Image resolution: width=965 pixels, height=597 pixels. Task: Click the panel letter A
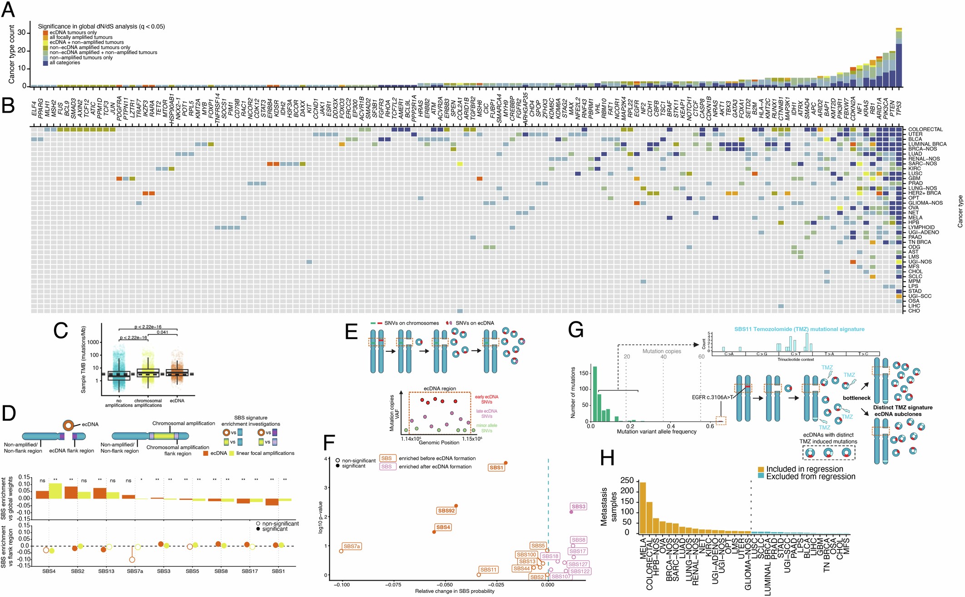[8, 10]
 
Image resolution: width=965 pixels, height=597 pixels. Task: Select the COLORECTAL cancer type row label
[925, 129]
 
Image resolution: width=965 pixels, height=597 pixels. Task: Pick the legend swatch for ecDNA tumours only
[45, 33]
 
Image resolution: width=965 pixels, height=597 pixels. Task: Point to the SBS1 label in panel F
[496, 468]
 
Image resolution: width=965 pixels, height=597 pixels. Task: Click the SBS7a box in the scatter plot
[352, 547]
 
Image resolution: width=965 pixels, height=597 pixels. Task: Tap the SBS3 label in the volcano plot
[579, 507]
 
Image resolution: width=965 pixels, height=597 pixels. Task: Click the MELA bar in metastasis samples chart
[643, 508]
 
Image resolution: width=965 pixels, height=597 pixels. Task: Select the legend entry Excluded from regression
[810, 477]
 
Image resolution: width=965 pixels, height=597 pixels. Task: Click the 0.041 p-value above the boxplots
[162, 332]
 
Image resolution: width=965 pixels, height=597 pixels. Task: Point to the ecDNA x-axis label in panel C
[177, 401]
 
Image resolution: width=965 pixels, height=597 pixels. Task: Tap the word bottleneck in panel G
[856, 398]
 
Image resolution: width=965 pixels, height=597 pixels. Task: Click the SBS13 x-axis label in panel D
[106, 571]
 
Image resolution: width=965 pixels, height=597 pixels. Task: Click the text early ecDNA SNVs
[486, 400]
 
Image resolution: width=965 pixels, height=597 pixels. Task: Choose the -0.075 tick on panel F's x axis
[393, 585]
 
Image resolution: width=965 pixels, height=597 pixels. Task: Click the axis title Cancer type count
[11, 54]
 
